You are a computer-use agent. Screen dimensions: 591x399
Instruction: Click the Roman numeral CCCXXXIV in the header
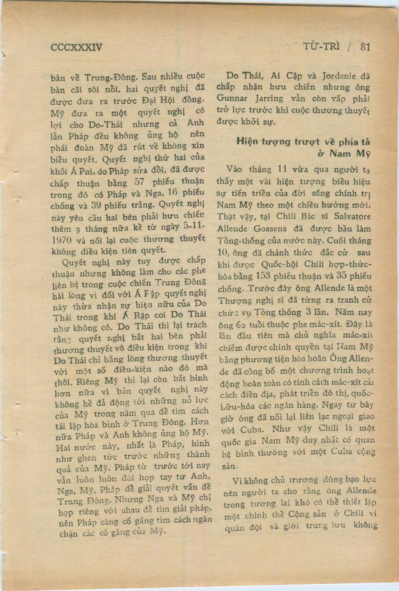pyautogui.click(x=77, y=47)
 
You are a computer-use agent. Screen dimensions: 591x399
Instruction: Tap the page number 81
pyautogui.click(x=365, y=46)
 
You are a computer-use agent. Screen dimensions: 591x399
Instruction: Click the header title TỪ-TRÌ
pyautogui.click(x=321, y=47)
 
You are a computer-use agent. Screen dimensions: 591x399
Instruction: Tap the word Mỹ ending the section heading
pyautogui.click(x=363, y=154)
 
